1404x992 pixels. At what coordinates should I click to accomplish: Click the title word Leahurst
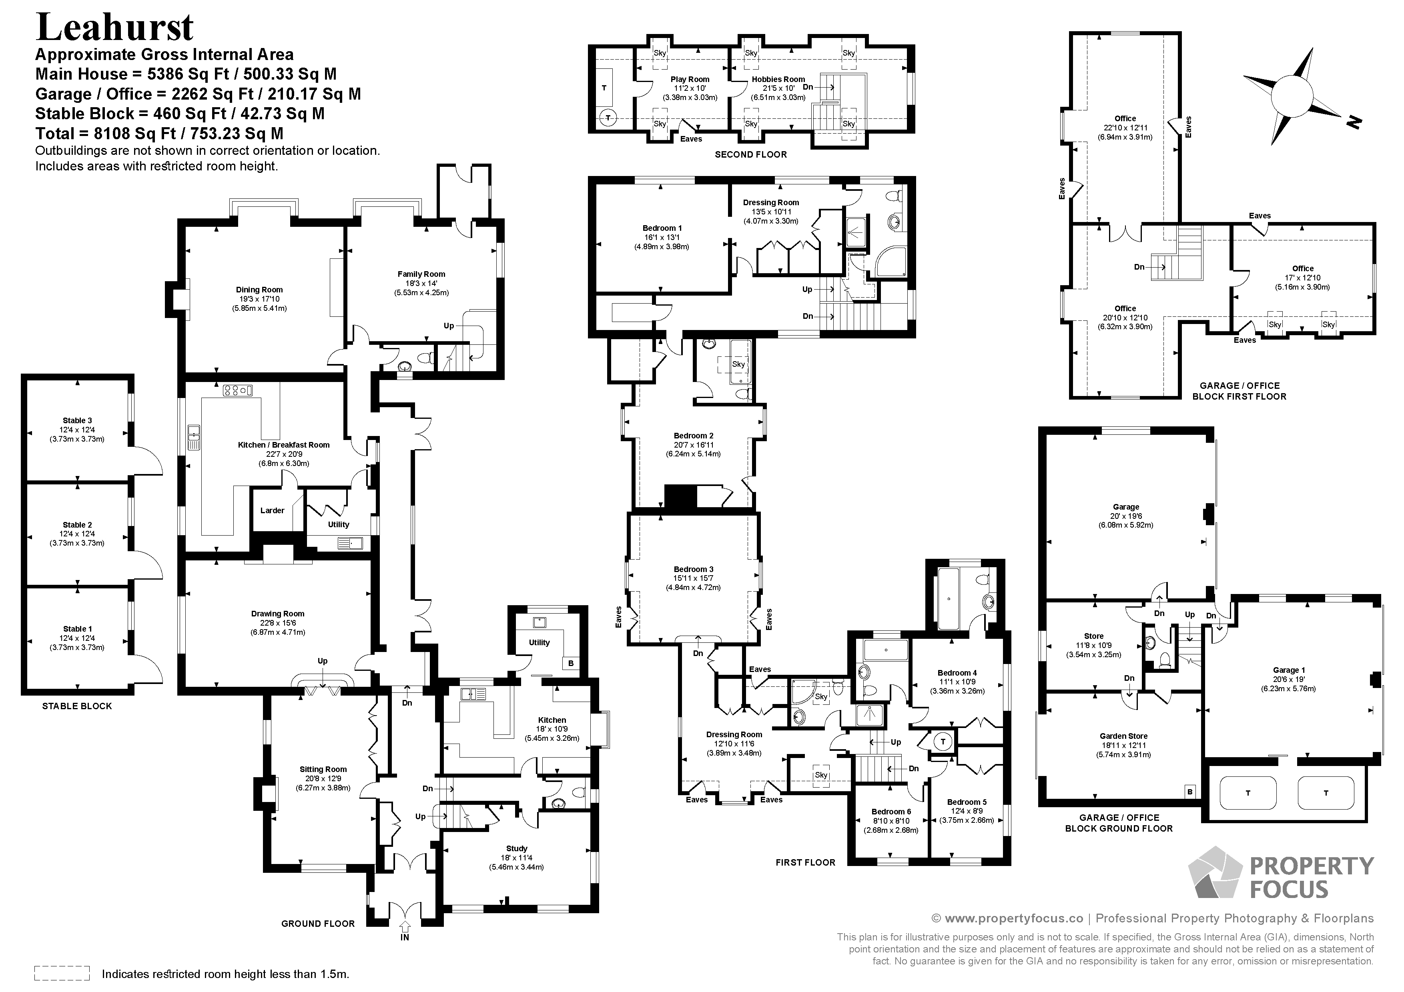point(115,28)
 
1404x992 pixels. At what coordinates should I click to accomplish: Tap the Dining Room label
point(259,290)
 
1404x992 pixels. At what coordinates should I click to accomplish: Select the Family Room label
point(421,274)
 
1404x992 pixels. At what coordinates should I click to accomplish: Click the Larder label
point(272,510)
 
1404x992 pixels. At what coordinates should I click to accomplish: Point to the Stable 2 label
point(77,524)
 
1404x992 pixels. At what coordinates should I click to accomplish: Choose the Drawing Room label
point(278,614)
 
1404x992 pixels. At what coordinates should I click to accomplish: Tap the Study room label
point(517,848)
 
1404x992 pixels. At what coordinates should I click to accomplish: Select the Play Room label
point(690,79)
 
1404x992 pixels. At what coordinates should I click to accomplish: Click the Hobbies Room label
point(778,79)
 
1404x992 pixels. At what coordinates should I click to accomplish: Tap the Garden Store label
point(1124,736)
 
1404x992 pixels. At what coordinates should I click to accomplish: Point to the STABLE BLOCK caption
point(77,706)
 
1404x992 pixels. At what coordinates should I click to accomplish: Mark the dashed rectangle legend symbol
point(62,973)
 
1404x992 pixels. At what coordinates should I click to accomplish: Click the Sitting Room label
point(323,770)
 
